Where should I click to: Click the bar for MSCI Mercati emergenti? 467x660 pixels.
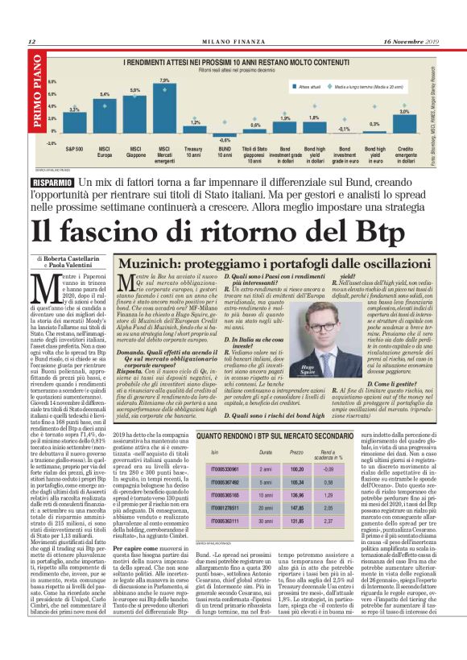pos(163,106)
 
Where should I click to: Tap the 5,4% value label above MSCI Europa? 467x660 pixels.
pos(104,94)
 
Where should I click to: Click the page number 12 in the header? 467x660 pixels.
pos(31,41)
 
